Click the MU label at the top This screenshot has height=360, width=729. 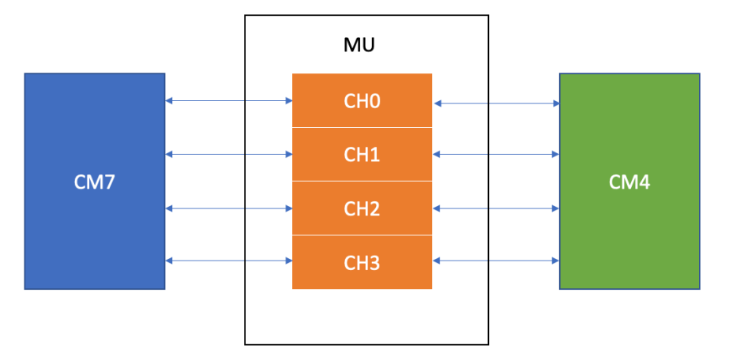pyautogui.click(x=359, y=44)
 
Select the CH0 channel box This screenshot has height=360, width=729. pyautogui.click(x=362, y=100)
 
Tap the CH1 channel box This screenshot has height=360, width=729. pyautogui.click(x=362, y=154)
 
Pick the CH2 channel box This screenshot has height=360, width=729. pyautogui.click(x=362, y=208)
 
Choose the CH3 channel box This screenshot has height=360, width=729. pyautogui.click(x=362, y=262)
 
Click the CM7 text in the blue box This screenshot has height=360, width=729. pyautogui.click(x=94, y=182)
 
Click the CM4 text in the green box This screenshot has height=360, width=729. pyautogui.click(x=629, y=182)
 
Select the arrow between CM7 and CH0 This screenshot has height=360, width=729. pyautogui.click(x=228, y=100)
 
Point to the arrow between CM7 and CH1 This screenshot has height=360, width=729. pyautogui.click(x=228, y=154)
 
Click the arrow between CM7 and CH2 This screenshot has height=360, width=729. pyautogui.click(x=228, y=208)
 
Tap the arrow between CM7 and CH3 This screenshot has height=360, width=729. pyautogui.click(x=228, y=261)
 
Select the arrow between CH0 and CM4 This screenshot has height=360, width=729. pyautogui.click(x=496, y=103)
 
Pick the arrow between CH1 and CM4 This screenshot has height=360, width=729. pyautogui.click(x=496, y=154)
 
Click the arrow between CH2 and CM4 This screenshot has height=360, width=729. pyautogui.click(x=496, y=208)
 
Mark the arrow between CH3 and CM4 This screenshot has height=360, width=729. pyautogui.click(x=496, y=261)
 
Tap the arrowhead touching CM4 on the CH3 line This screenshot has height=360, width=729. pyautogui.click(x=555, y=261)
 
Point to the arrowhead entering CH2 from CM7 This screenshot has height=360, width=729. pyautogui.click(x=288, y=208)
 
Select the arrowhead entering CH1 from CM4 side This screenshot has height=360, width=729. pyautogui.click(x=437, y=154)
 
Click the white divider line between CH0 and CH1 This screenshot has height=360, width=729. pyautogui.click(x=362, y=127)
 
